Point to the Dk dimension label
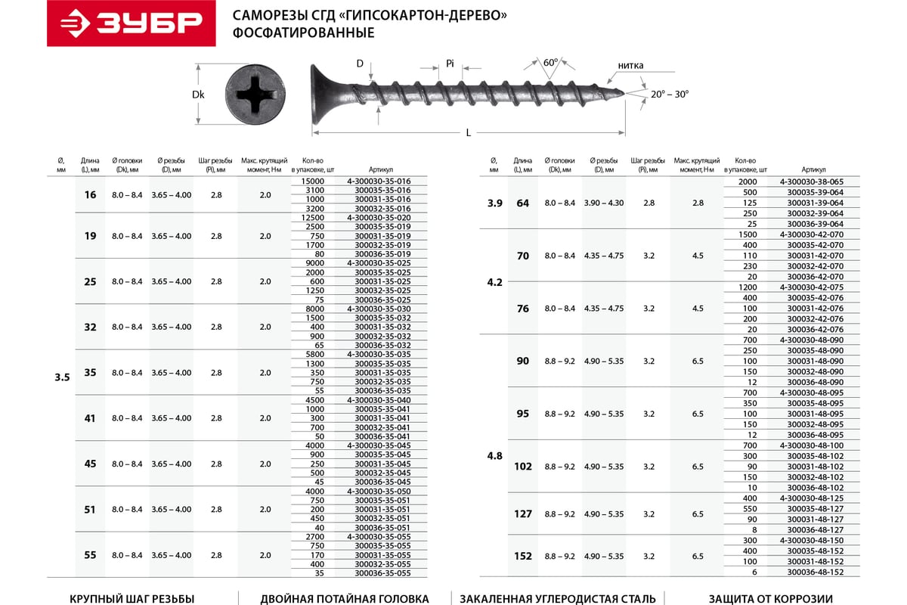(x=199, y=95)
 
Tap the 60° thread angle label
(x=550, y=63)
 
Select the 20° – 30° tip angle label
(x=669, y=94)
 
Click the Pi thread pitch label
(x=450, y=64)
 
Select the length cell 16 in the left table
(x=91, y=195)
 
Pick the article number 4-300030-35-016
(x=379, y=181)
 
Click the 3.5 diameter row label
(x=62, y=377)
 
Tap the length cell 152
(x=523, y=557)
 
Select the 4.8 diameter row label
(x=494, y=456)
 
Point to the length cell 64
(x=523, y=203)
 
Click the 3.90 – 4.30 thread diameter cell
(x=604, y=203)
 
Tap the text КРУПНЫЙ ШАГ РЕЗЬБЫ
(x=132, y=598)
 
